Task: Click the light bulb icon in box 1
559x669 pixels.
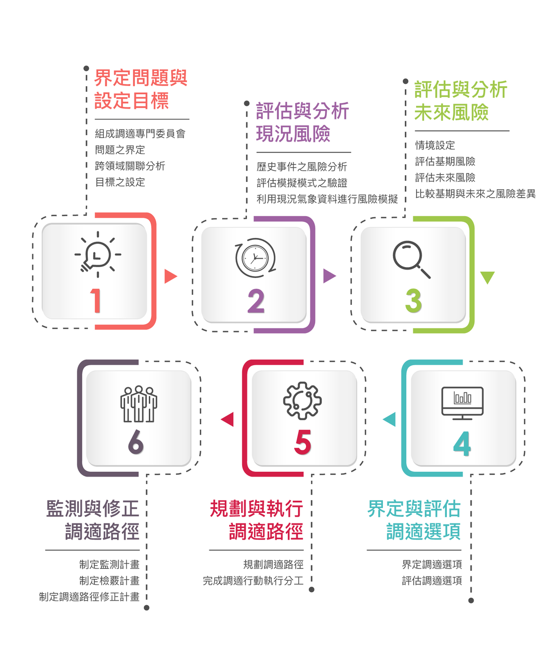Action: click(98, 254)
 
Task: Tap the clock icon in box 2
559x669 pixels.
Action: click(255, 258)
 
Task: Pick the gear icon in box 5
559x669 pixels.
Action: click(302, 400)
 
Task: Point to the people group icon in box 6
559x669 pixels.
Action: click(138, 404)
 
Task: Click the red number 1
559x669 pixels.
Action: click(96, 301)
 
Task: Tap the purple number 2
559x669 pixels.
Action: click(256, 301)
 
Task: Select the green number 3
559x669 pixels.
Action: click(413, 301)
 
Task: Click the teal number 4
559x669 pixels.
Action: click(462, 444)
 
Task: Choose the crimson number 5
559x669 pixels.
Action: click(303, 443)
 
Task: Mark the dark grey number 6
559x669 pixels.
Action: click(135, 442)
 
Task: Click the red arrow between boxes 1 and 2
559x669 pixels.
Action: click(170, 276)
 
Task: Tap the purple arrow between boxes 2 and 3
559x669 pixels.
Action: click(329, 276)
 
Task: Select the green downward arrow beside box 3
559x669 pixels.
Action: click(488, 277)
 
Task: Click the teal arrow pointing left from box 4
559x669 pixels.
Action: click(390, 419)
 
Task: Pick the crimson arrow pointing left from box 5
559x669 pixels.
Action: click(228, 419)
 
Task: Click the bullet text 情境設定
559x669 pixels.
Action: click(435, 145)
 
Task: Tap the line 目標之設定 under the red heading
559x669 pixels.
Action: click(120, 182)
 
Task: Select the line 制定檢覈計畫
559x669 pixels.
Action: click(109, 581)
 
